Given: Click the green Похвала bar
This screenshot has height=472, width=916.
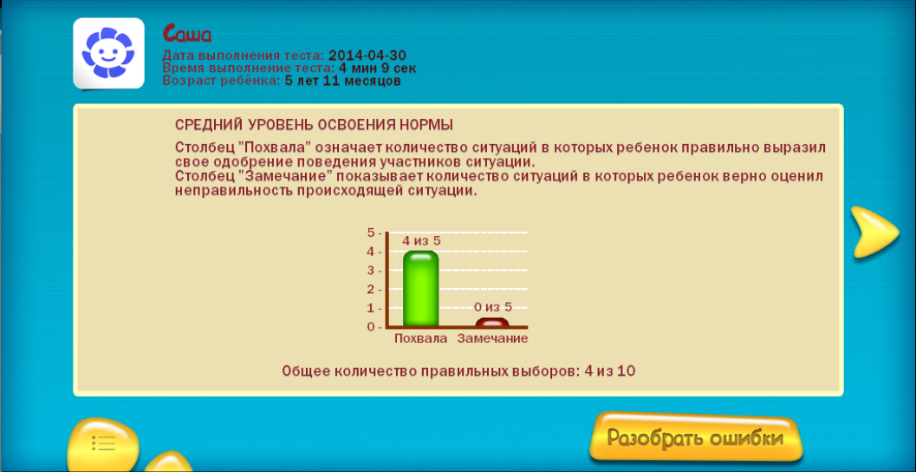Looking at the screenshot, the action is click(420, 288).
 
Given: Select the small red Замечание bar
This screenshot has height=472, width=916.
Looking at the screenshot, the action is click(492, 322).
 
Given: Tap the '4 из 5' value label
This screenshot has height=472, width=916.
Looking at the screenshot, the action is click(421, 240).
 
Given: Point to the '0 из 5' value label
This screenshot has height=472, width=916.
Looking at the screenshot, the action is click(492, 307).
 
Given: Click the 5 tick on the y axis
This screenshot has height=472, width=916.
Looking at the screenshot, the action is click(371, 233).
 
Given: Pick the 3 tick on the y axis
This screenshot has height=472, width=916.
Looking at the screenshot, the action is click(371, 271).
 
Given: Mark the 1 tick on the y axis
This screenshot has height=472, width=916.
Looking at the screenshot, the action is click(371, 308).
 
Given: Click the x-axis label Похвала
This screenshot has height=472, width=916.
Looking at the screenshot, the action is click(420, 338).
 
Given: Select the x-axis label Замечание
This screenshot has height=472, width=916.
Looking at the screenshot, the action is click(492, 338).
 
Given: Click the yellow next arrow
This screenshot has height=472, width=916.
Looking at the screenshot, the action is click(872, 232).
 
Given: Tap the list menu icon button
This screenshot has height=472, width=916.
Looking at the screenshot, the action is click(103, 444).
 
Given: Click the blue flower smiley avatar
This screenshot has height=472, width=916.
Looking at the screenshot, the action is click(108, 53).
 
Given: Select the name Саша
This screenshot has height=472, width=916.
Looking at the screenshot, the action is click(187, 35).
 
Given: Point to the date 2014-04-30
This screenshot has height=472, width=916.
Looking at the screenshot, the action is click(367, 56).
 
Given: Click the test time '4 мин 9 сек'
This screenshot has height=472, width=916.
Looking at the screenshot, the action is click(377, 69).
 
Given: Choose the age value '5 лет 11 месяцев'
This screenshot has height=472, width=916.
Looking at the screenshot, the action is click(343, 82).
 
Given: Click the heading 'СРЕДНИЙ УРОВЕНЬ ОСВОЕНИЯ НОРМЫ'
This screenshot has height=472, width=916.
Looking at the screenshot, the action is click(315, 125).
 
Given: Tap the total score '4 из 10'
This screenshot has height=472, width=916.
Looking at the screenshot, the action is click(609, 371).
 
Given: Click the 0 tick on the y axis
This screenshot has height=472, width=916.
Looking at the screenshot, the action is click(371, 327).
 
